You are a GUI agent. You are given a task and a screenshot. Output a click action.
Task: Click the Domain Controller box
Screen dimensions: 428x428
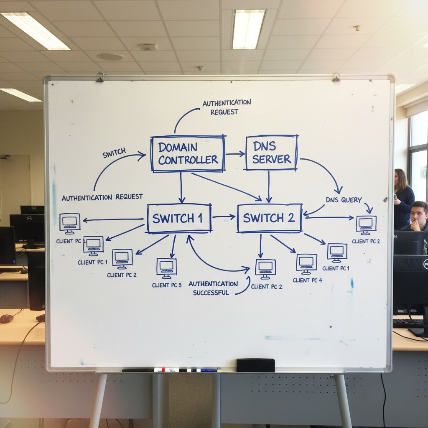point(188,153)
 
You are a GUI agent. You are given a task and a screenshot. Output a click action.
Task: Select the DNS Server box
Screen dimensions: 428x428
point(271,153)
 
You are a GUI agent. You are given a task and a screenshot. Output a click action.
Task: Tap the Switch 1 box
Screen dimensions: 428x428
point(179,218)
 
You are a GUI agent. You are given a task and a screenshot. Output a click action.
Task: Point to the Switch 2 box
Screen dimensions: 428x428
point(269,218)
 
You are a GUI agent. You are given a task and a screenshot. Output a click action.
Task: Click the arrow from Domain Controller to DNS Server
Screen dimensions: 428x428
point(235,154)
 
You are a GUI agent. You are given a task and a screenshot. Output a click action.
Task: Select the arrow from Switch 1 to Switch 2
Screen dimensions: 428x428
point(224,217)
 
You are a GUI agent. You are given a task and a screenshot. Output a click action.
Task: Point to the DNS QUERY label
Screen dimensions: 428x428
point(344,200)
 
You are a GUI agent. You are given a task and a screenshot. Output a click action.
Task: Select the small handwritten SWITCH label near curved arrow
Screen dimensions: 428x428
point(114,153)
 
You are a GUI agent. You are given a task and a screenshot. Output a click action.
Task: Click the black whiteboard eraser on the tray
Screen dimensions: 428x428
point(255,365)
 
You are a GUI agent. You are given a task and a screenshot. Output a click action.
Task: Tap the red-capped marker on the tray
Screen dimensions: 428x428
point(166,370)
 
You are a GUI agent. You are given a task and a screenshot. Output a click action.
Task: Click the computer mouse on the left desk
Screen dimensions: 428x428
point(6,318)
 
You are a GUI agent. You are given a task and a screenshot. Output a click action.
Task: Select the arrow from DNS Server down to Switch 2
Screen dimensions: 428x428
point(268,186)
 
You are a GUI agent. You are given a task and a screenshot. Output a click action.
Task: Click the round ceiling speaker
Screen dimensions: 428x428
point(110,56)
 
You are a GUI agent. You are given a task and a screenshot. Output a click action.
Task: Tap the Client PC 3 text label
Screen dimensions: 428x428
point(167,285)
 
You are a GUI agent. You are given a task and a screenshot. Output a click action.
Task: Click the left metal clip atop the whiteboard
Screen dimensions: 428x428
point(100,77)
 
